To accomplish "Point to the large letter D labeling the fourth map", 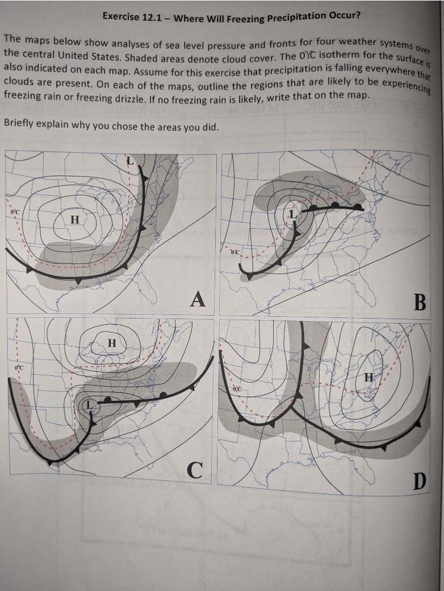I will pos(418,482).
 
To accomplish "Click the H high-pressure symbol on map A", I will pos(74,220).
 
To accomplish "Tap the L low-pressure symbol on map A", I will pos(129,161).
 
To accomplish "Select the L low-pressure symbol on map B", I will pos(292,215).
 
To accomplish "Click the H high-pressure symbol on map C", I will pos(112,343).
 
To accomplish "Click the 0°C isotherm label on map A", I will pos(14,212).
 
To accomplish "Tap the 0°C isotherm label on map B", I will pos(236,250).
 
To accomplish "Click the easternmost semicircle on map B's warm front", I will pos(357,206).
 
